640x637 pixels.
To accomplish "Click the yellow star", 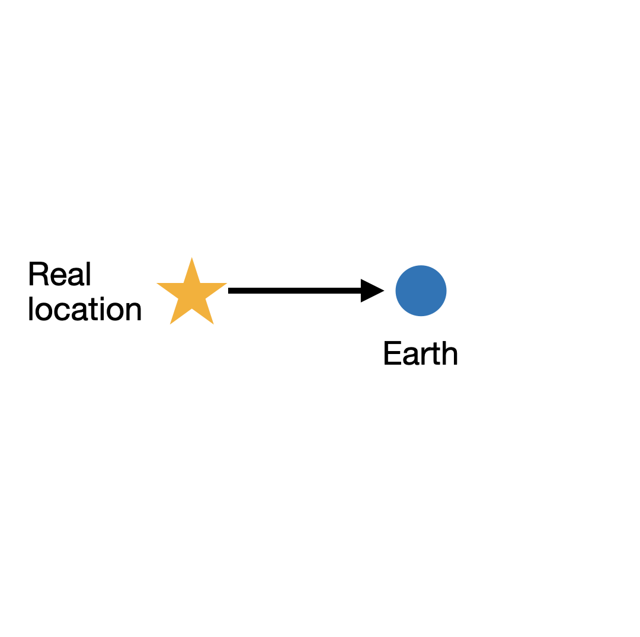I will tap(191, 294).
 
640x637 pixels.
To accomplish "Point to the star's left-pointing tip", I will tap(158, 284).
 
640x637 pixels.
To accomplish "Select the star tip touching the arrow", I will tap(226, 284).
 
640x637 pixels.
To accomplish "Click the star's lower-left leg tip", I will tap(171, 323).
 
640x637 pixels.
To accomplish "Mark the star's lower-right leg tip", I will tap(213, 323).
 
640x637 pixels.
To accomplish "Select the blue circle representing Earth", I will tap(421, 291).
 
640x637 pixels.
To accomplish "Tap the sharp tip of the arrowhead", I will tap(383, 291).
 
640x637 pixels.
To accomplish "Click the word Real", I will tap(60, 275).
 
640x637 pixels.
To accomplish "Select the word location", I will tap(85, 310).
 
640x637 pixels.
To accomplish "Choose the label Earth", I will tap(421, 354).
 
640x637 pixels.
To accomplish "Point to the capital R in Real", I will tap(38, 275).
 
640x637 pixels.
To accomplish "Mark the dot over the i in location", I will tap(102, 300).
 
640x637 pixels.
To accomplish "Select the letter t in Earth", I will tap(437, 355).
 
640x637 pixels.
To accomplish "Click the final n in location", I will tap(134, 312).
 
